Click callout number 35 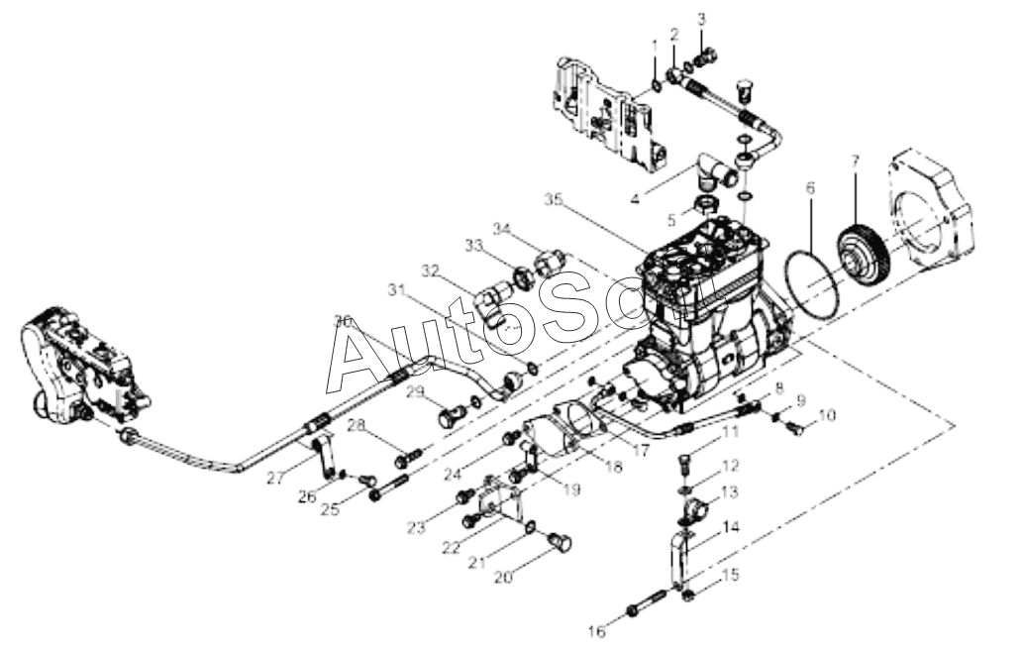[555, 199]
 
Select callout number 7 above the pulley [856, 161]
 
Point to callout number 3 [702, 19]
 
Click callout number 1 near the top [654, 47]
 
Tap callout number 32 [429, 271]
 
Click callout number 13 [730, 491]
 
